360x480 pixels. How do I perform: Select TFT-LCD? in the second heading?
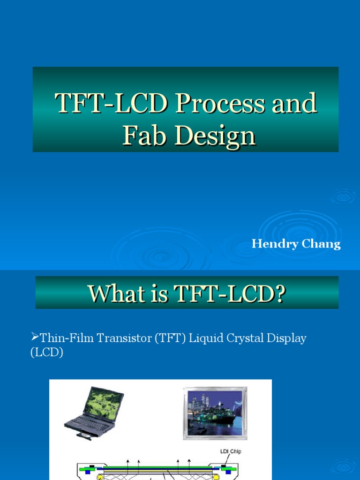click(x=230, y=294)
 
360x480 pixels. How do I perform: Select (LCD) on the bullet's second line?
click(x=46, y=352)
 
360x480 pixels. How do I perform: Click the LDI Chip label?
click(x=231, y=451)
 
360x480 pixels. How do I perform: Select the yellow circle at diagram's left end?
click(x=99, y=477)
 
